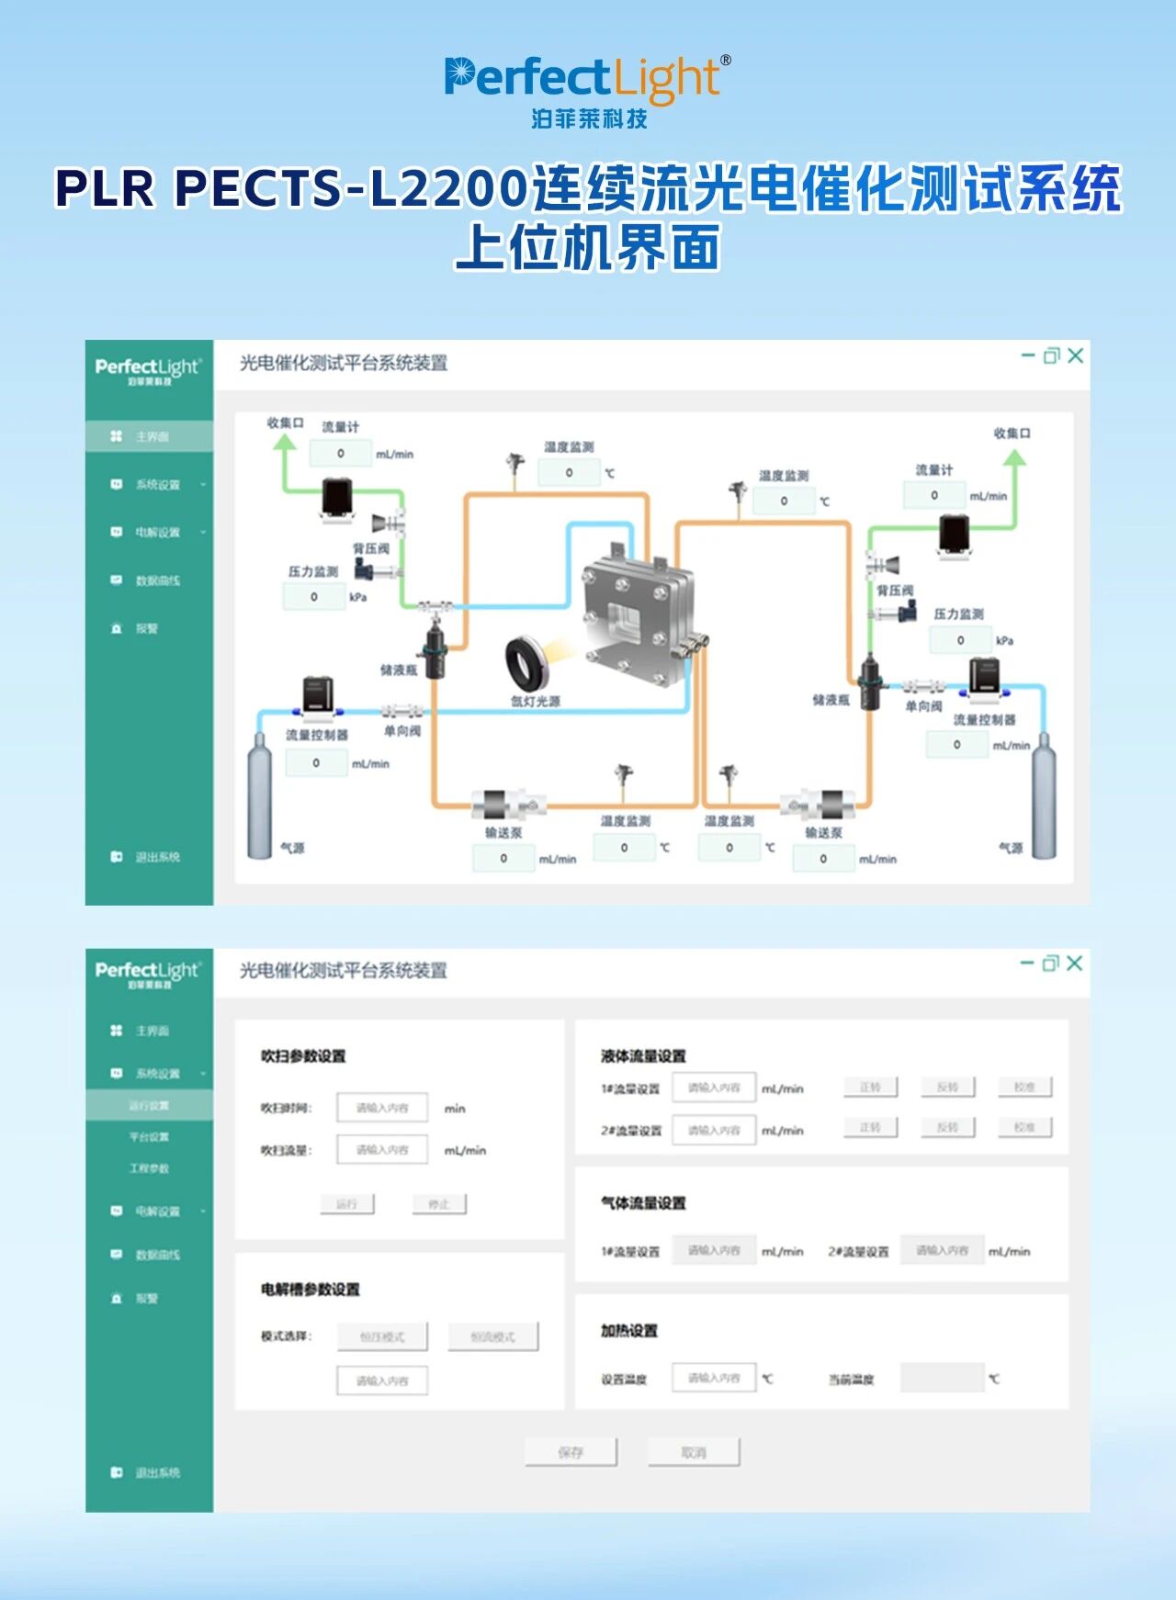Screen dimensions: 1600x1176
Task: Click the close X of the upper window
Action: click(1076, 355)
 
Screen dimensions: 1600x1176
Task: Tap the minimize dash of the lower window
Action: click(1027, 963)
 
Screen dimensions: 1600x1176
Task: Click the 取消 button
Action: click(694, 1452)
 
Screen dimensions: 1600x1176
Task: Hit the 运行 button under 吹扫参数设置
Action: click(346, 1203)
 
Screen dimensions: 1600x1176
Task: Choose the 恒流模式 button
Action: click(493, 1336)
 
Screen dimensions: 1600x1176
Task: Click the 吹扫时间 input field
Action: click(382, 1108)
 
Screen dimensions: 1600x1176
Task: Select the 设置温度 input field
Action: click(714, 1378)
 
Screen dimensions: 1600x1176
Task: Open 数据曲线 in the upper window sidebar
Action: click(157, 580)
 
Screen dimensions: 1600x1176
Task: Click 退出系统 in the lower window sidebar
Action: click(157, 1472)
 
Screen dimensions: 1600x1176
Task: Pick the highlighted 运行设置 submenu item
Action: click(149, 1105)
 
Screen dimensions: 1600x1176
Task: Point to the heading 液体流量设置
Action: click(643, 1056)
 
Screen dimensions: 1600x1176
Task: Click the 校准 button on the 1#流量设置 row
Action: click(1024, 1087)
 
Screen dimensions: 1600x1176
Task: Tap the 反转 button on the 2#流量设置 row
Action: click(947, 1127)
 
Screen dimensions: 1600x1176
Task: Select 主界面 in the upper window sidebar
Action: click(152, 436)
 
